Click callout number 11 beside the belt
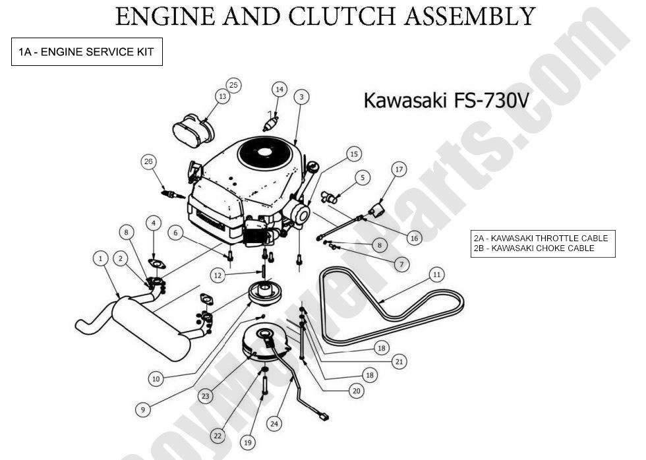[x=436, y=273]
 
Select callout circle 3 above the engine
[x=301, y=97]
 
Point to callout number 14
[x=279, y=89]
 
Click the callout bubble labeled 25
[x=233, y=84]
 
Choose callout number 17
[x=399, y=169]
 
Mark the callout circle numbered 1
[x=101, y=259]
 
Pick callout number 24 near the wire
[x=274, y=424]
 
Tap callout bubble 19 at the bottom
[x=248, y=443]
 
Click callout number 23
[x=206, y=396]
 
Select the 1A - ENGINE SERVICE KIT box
[x=86, y=53]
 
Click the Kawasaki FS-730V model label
[x=446, y=101]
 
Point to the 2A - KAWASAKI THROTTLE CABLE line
[x=541, y=238]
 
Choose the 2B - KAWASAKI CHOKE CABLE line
[x=533, y=248]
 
